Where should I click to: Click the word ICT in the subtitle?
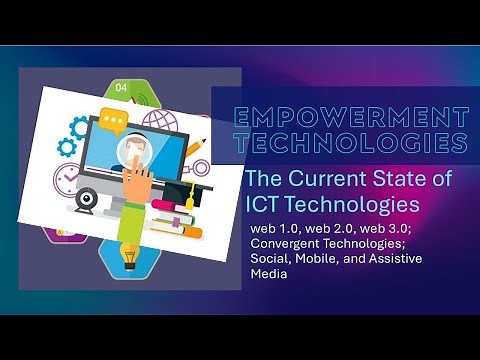[x=261, y=204]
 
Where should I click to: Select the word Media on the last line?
[x=269, y=274]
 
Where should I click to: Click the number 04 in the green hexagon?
[x=122, y=88]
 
